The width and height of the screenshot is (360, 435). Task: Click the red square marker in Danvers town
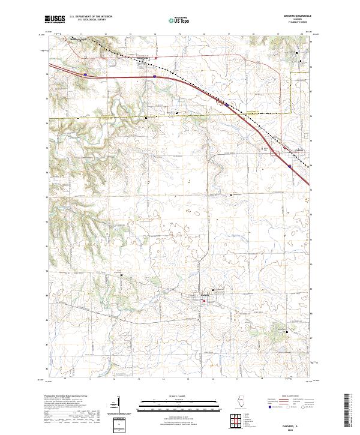coord(202,301)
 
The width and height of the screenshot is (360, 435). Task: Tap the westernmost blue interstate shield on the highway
coord(85,74)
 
